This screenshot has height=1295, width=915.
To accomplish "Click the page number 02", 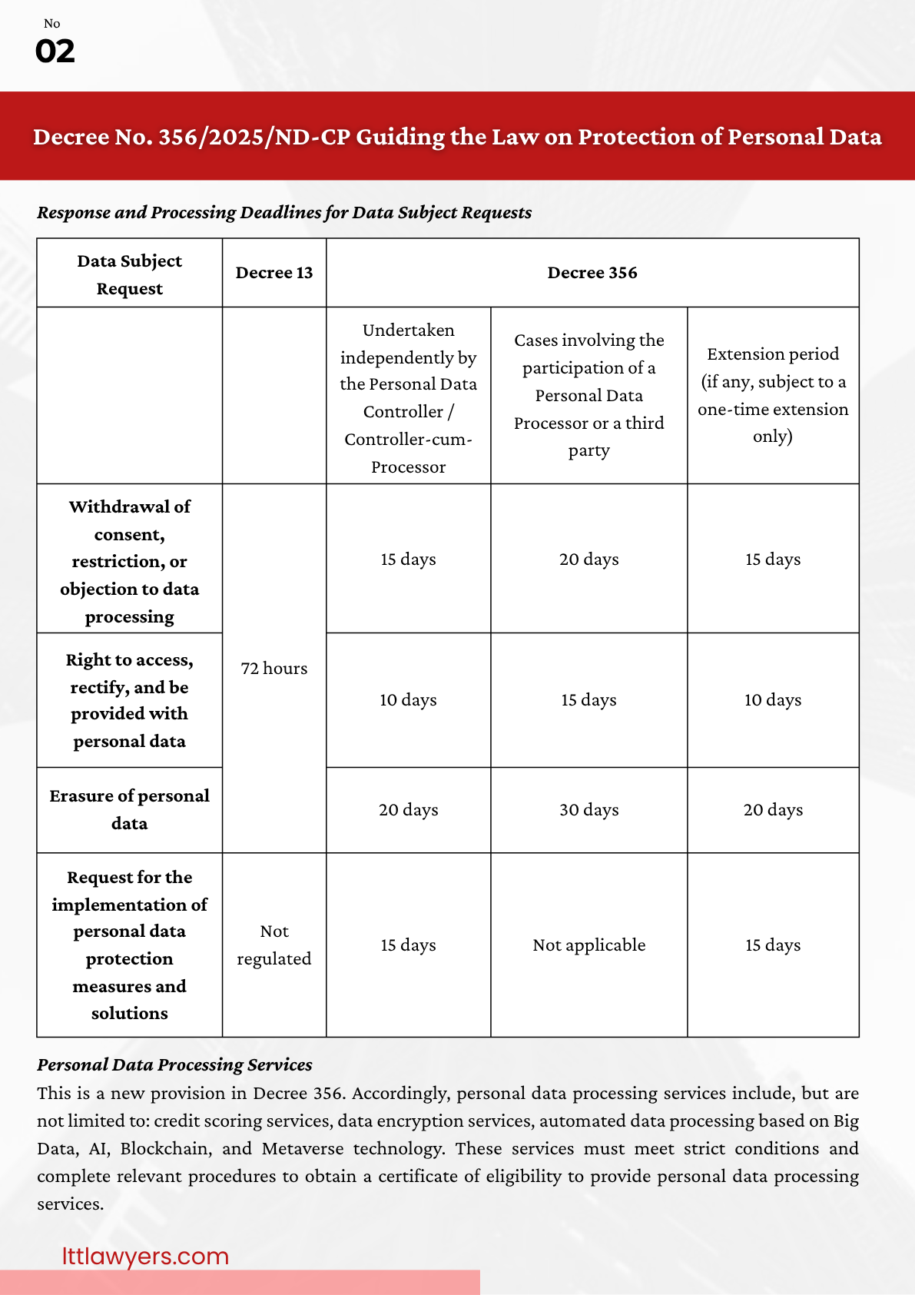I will [55, 51].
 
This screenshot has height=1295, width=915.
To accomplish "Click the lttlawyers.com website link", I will [145, 1256].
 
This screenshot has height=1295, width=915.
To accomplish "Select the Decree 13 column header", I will [274, 273].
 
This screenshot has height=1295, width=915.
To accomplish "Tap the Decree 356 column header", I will [592, 273].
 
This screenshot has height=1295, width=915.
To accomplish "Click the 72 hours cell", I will [274, 669].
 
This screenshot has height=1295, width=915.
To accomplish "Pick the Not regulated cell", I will [274, 945].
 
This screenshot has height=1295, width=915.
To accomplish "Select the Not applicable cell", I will [589, 945].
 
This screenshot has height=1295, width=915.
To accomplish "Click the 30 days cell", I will [589, 810].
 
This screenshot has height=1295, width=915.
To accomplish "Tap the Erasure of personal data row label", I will [129, 810].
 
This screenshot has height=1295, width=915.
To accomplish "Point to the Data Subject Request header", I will [129, 274].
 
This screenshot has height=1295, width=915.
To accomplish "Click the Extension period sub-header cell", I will [773, 395].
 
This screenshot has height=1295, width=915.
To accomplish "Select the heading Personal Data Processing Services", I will [174, 1064].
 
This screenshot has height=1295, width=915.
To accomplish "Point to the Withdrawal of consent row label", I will [129, 561].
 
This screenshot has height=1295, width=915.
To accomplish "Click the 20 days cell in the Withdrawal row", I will [589, 560].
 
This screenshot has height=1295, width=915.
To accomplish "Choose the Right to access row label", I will [129, 700].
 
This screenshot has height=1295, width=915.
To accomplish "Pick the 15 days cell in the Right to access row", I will [589, 700].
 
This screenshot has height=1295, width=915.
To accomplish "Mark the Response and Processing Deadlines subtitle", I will [284, 213].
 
